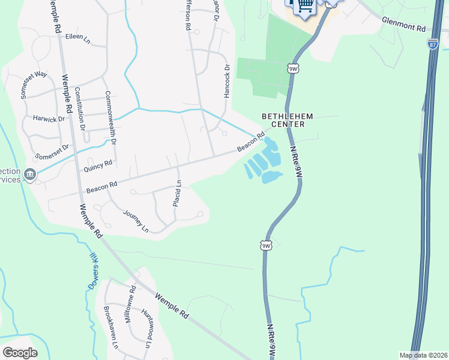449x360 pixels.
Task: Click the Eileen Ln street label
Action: pyautogui.click(x=77, y=39)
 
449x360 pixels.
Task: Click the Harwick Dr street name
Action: pyautogui.click(x=49, y=119)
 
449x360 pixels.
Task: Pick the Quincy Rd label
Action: pyautogui.click(x=98, y=166)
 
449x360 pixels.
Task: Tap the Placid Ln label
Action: pyautogui.click(x=177, y=193)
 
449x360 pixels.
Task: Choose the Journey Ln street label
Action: pyautogui.click(x=136, y=221)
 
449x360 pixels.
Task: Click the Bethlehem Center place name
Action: pyautogui.click(x=283, y=120)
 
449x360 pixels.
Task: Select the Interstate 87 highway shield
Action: pyautogui.click(x=433, y=44)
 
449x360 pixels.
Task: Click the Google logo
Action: pyautogui.click(x=20, y=352)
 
